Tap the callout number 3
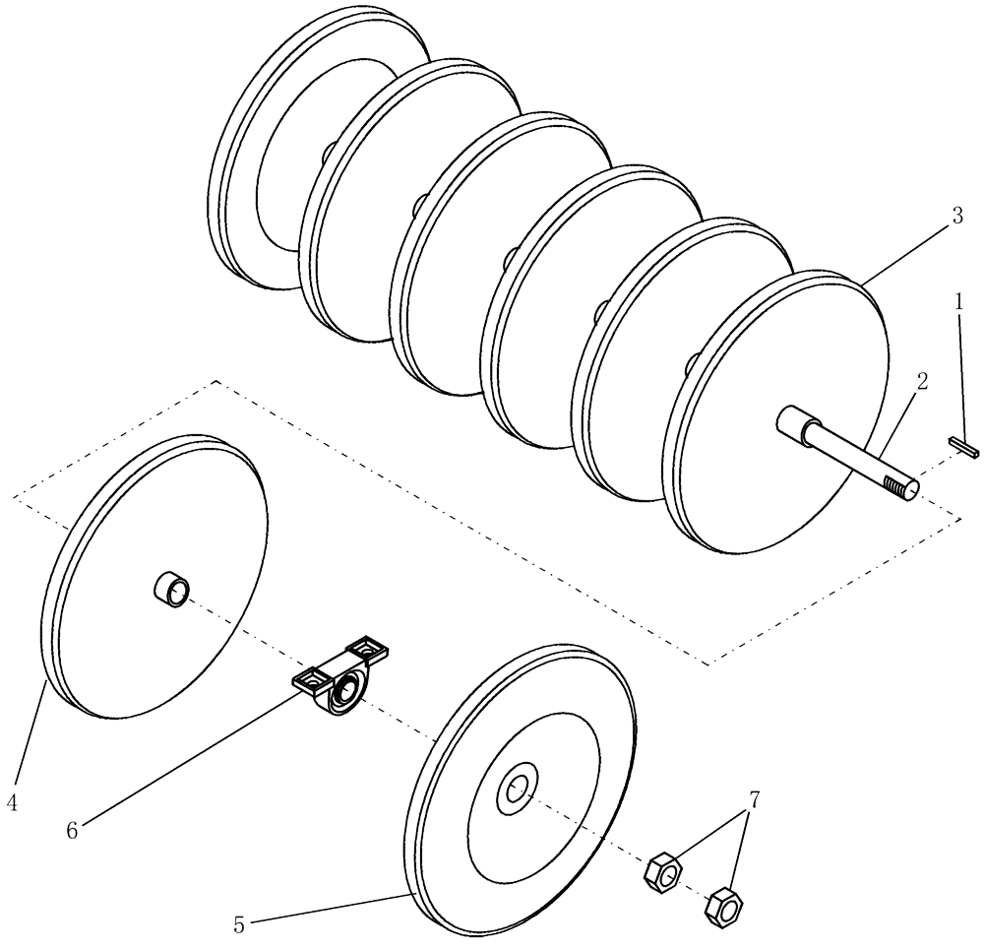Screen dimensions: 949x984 coord(956,219)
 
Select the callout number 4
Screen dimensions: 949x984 coord(12,803)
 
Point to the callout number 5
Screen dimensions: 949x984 coord(239,924)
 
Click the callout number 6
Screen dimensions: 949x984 coord(71,830)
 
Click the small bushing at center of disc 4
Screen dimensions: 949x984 coord(171,591)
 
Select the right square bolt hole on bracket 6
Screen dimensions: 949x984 coord(367,648)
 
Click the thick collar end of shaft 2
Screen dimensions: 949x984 coord(793,424)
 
